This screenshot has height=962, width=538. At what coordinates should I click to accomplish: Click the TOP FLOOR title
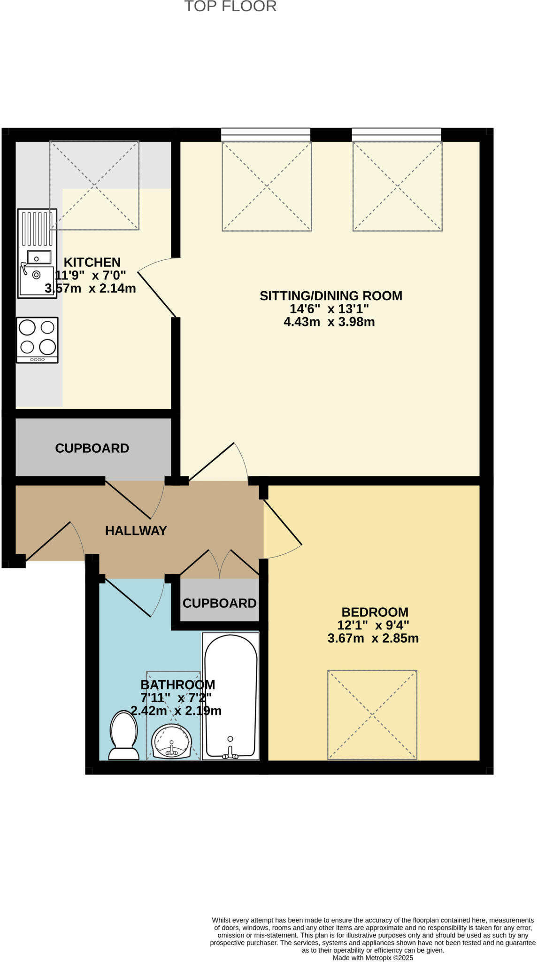point(230,7)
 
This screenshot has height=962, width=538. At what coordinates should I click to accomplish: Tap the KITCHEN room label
point(92,262)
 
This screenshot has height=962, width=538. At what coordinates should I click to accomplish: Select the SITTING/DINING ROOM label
point(330,296)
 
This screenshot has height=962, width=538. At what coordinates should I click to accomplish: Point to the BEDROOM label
point(375,612)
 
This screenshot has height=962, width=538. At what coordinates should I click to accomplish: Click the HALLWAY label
point(136,531)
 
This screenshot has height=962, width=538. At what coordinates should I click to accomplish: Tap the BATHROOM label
point(177,684)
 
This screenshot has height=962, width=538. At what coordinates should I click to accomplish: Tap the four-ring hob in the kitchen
point(37,339)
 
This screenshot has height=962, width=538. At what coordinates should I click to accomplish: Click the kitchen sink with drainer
point(37,254)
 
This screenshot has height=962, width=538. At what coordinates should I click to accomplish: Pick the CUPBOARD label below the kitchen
point(92,448)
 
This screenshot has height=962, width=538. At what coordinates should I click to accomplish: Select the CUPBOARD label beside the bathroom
point(219,603)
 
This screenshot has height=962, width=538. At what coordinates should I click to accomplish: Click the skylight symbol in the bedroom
point(372,714)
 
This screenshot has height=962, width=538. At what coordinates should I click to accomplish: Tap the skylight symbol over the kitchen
point(94,185)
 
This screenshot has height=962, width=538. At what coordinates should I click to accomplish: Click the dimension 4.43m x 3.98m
point(329,322)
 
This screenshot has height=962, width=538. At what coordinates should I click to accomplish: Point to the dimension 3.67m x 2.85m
point(373,638)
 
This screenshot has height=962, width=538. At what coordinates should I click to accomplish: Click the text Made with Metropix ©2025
point(373,958)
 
